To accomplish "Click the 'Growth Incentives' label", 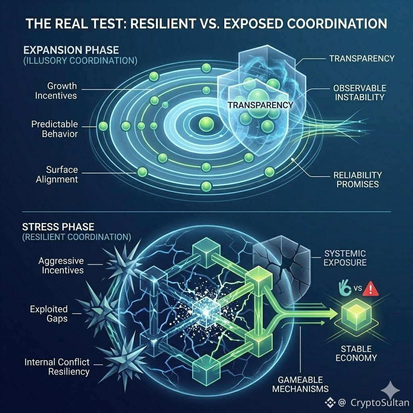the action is click(56, 91).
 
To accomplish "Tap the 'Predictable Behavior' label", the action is click(54, 129).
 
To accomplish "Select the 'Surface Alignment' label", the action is click(57, 174).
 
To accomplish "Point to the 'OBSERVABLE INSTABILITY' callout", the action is click(359, 92).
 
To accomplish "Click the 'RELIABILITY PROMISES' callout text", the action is click(358, 179).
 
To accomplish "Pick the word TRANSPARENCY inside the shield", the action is click(260, 105).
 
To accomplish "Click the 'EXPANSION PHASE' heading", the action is click(71, 50).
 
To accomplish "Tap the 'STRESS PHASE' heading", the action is click(58, 227).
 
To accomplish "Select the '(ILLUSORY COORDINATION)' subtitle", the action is click(80, 61).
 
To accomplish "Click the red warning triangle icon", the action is click(371, 289).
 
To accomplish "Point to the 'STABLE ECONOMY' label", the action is click(356, 353).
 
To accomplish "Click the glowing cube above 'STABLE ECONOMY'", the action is click(356, 315).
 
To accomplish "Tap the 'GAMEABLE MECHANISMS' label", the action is click(300, 384).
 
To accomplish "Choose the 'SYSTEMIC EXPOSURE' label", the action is click(345, 258).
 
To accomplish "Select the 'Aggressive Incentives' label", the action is click(61, 265).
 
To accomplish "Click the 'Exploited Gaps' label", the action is click(49, 314).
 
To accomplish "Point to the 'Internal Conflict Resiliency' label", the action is click(57, 367).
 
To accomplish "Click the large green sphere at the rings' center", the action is click(206, 124).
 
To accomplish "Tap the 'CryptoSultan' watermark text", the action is click(380, 403).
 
